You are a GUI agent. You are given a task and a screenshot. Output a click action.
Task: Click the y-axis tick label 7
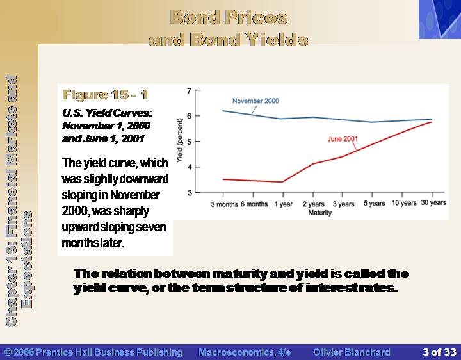point(189,90)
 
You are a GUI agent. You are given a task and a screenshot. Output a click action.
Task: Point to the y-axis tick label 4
point(189,167)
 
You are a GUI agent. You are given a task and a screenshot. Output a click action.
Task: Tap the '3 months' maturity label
point(224,204)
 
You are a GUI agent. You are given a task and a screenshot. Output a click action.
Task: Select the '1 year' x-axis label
point(284,204)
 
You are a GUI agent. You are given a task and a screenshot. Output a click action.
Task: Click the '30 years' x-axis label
point(433,202)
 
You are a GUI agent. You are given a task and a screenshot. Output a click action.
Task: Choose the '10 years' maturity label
point(404,203)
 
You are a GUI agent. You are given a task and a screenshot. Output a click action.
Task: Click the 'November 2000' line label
point(255,101)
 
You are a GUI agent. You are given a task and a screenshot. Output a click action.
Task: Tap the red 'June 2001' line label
point(343,139)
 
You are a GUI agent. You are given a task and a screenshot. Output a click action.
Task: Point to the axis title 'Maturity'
point(319,213)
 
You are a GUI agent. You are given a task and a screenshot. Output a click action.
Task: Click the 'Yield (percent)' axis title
point(180,140)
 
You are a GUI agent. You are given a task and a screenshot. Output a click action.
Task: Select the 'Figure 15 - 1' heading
point(105,95)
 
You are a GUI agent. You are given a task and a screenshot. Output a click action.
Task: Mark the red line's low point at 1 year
point(282,182)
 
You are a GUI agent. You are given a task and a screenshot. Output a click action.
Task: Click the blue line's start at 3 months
point(223,111)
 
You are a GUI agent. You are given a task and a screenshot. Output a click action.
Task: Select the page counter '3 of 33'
point(439,352)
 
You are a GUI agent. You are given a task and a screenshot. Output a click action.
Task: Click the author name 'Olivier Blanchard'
point(352,352)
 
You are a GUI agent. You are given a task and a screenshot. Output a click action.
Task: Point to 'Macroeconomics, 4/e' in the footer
point(245,352)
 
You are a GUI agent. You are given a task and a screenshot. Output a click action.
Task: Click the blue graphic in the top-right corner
point(440,19)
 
